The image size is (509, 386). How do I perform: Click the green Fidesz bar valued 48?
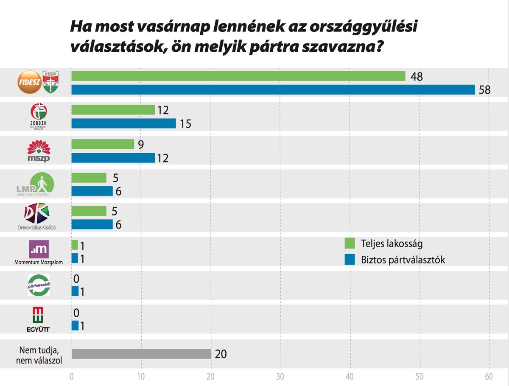(x=238, y=76)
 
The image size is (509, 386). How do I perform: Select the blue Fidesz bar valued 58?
(x=273, y=90)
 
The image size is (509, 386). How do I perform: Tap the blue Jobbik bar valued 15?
(x=123, y=123)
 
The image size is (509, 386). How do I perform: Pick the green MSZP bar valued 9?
(x=103, y=144)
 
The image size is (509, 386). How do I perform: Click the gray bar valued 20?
(x=141, y=353)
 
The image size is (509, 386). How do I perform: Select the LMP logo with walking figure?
(x=39, y=184)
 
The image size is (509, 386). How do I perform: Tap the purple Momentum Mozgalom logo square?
(x=39, y=249)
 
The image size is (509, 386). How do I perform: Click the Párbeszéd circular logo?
(x=39, y=285)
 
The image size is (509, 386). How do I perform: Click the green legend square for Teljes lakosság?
(x=350, y=243)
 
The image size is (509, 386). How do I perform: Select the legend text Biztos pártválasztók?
(x=403, y=260)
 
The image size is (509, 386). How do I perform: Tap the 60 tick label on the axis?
(x=489, y=376)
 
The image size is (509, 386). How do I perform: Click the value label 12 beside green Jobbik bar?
(x=163, y=110)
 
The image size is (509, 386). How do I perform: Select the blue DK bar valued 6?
(x=92, y=224)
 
